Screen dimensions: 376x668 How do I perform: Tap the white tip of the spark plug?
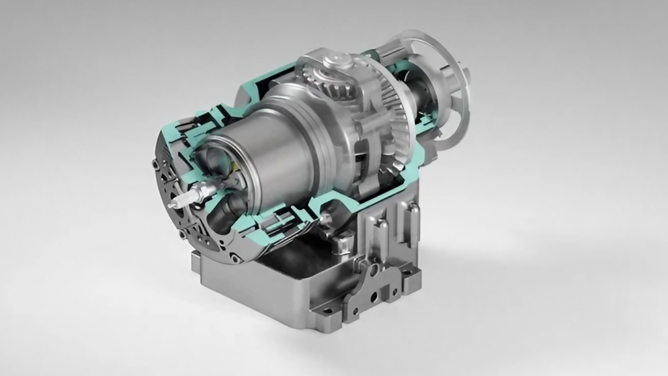172,205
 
